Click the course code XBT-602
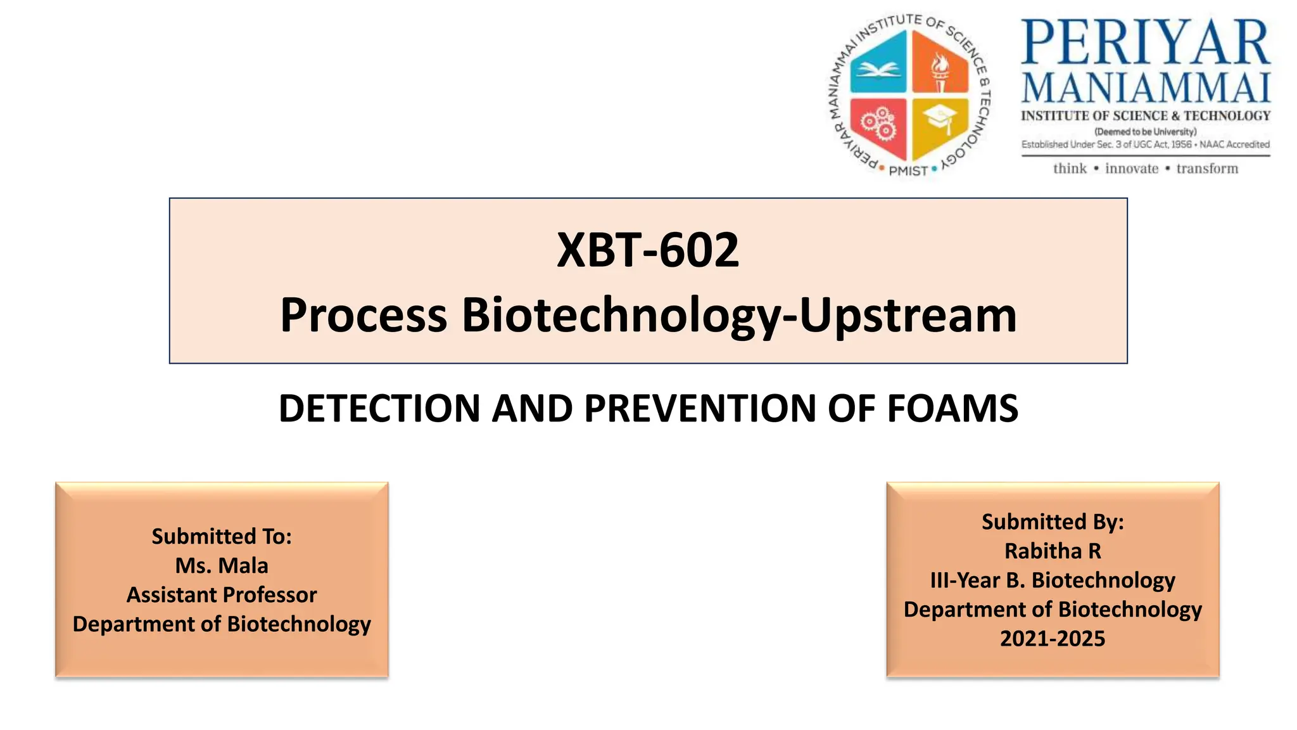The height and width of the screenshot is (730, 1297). tap(648, 250)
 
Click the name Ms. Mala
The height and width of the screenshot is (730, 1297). tap(222, 565)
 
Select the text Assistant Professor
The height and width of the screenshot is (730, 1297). tap(222, 594)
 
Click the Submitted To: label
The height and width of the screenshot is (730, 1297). tap(222, 536)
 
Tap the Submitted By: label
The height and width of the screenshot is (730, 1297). tap(1053, 522)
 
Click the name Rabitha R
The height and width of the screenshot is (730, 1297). tap(1053, 551)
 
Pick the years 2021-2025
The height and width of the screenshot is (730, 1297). tap(1053, 638)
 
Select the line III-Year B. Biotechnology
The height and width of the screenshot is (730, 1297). tap(1053, 580)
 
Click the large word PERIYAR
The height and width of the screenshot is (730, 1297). tap(1145, 43)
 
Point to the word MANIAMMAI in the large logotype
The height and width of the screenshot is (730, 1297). tap(1145, 88)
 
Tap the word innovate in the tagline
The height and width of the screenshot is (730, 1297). tap(1131, 169)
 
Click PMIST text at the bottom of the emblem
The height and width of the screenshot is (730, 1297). tap(908, 170)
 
